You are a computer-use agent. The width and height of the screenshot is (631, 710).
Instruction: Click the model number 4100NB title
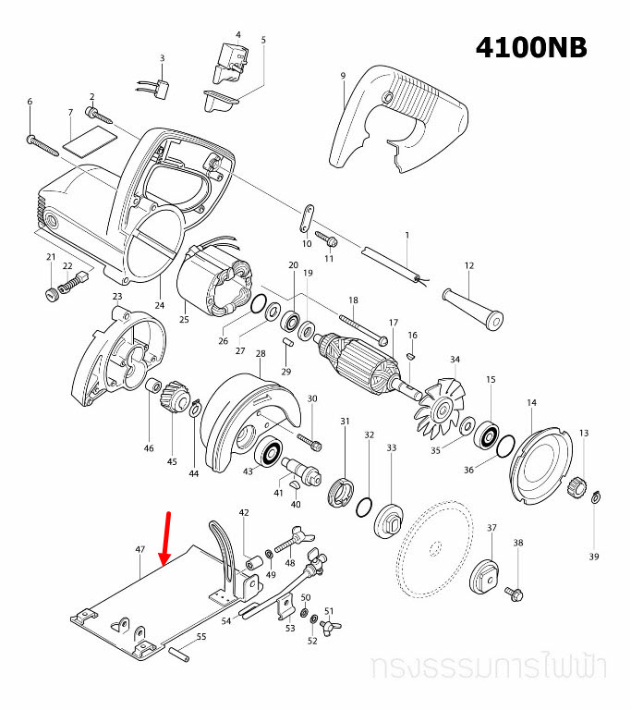coord(531,47)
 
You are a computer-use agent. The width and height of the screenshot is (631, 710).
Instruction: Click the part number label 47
coord(140,549)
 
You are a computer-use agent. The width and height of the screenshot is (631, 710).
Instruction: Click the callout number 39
coord(594,557)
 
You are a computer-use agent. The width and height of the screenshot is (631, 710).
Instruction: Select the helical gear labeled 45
coord(172,402)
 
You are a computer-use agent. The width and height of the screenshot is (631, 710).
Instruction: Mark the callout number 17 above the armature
coord(393,323)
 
